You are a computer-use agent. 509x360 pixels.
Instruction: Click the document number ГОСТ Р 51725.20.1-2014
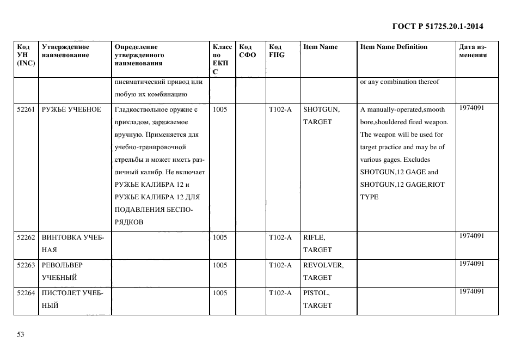437,26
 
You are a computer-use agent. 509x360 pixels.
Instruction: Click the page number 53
21,334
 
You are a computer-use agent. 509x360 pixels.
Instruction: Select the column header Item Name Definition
394,47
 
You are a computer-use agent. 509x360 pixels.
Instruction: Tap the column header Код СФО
247,51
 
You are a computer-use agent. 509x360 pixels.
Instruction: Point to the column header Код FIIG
276,51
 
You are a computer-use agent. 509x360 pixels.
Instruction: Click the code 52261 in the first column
26,109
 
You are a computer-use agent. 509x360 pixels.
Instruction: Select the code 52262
26,237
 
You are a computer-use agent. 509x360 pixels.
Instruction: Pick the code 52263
26,265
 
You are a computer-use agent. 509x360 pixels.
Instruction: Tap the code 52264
26,293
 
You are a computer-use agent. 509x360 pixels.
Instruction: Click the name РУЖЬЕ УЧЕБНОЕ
71,109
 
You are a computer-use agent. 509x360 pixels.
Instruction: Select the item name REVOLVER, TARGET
323,271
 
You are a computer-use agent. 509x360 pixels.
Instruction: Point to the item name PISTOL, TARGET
317,299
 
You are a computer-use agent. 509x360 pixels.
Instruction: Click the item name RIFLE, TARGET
317,243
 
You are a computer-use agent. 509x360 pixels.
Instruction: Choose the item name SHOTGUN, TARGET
321,115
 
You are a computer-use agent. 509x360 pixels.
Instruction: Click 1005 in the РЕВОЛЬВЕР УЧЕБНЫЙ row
220,265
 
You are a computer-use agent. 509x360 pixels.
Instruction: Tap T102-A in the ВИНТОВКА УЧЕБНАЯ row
280,237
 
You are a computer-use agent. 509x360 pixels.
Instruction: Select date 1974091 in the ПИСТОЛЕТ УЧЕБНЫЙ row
471,292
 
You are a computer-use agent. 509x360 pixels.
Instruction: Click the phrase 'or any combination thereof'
399,82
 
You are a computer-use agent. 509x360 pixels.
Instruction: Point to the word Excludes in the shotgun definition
417,160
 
